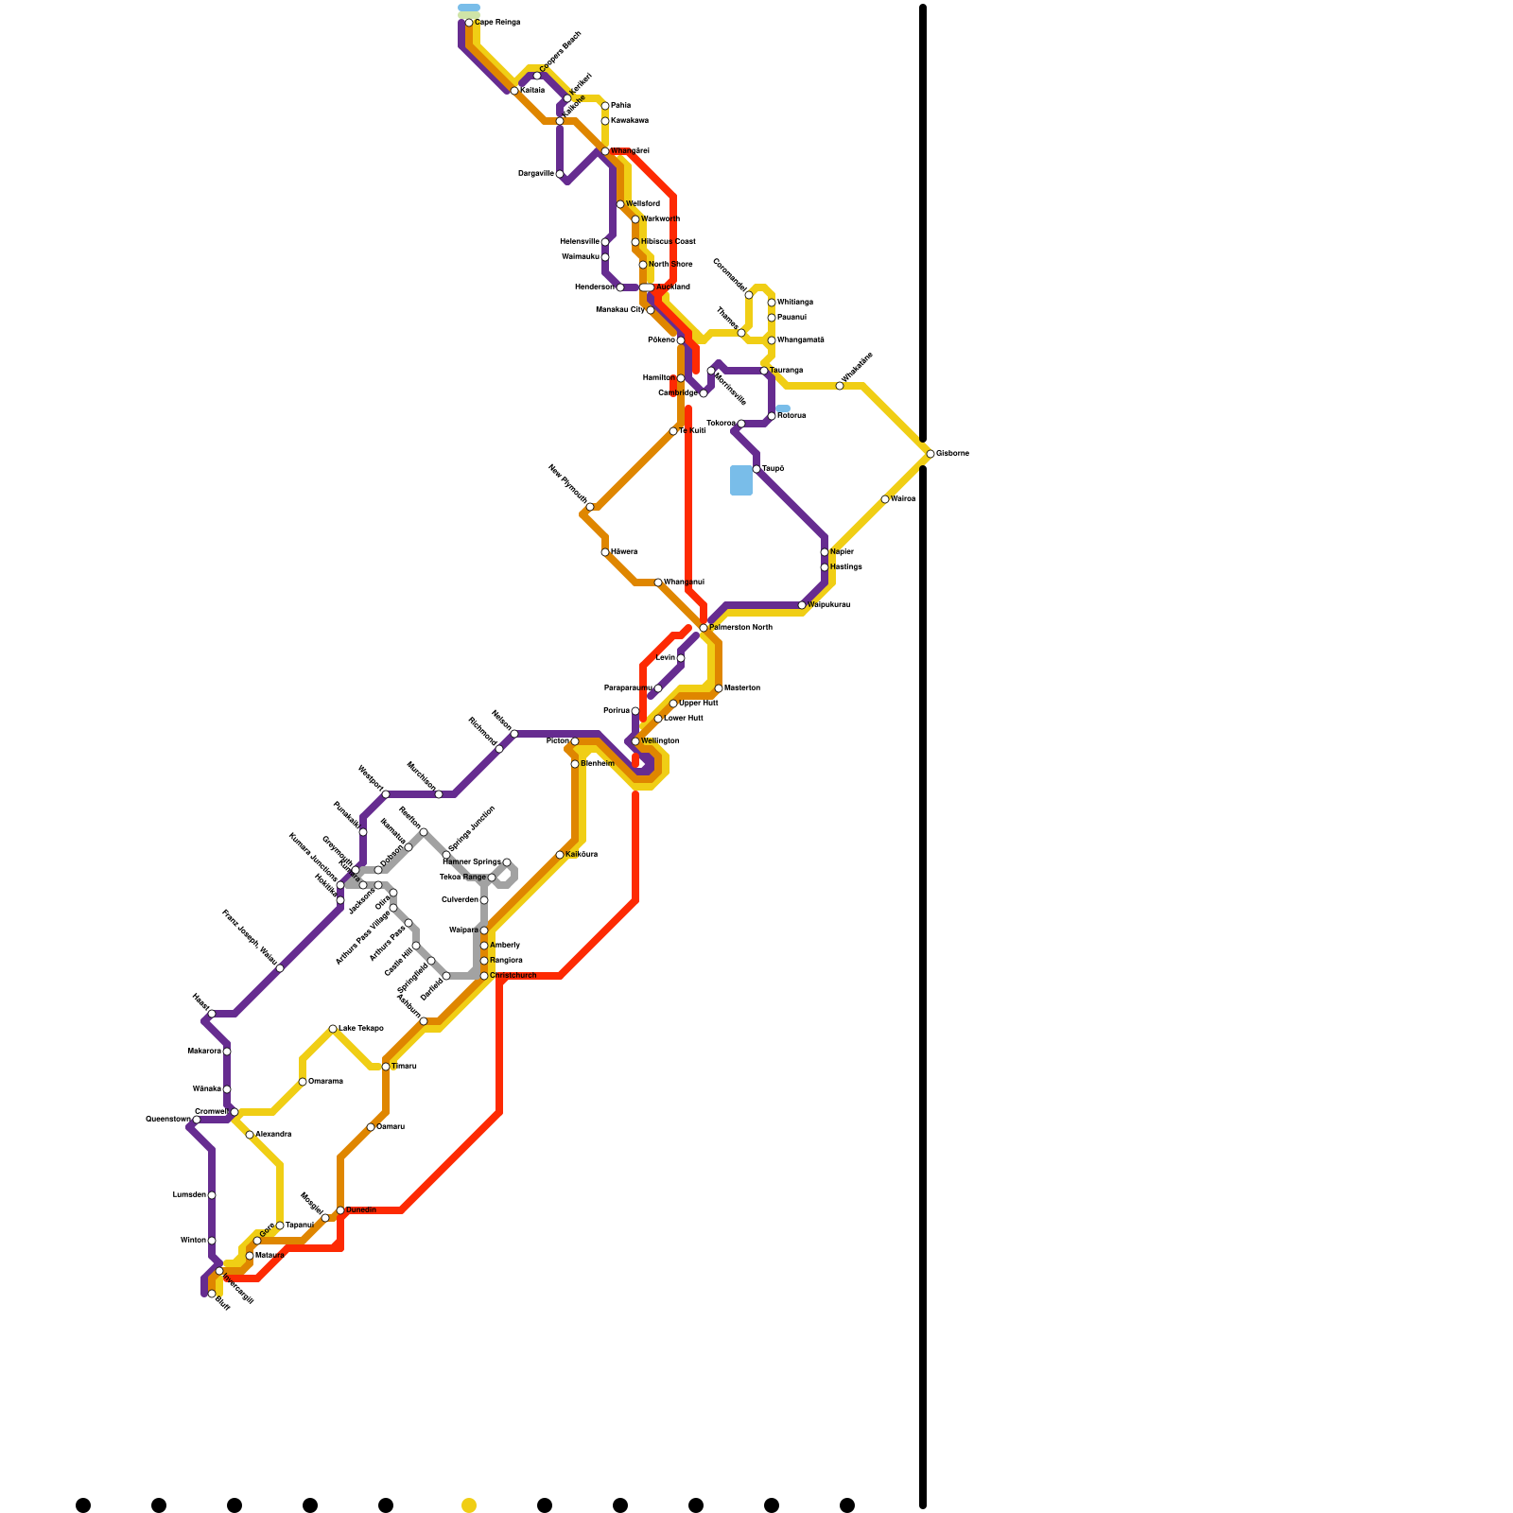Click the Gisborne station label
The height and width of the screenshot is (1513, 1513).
pos(952,454)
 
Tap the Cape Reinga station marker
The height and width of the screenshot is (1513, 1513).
pos(469,23)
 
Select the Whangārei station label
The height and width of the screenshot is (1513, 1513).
pos(630,151)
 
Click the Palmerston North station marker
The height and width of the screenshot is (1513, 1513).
pos(704,628)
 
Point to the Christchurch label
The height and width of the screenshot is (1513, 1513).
pos(513,976)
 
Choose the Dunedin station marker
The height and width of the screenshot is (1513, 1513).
pos(340,1210)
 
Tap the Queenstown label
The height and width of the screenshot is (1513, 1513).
pos(167,1120)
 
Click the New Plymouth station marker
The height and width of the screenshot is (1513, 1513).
pos(590,507)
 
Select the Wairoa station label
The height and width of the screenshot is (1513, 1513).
pos(903,499)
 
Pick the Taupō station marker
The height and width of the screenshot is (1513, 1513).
pos(756,469)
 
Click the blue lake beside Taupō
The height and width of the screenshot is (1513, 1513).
pos(741,480)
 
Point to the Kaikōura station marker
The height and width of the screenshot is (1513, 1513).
pos(560,855)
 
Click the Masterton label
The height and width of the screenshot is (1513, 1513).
pos(742,688)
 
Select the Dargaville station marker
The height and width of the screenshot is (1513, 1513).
pos(560,174)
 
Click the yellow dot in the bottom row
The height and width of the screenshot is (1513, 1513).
pos(469,1505)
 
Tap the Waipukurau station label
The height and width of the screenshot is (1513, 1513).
pos(829,605)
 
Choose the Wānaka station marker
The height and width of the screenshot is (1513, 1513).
pos(227,1089)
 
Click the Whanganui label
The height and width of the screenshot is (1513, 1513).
pos(684,583)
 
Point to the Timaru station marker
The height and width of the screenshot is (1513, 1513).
pos(386,1067)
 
